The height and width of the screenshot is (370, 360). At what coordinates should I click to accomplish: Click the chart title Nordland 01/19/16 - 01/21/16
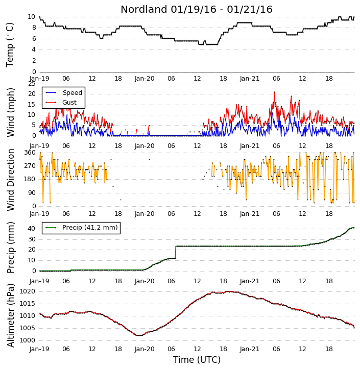coord(197,9)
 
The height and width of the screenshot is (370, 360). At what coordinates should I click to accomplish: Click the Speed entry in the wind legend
coord(72,93)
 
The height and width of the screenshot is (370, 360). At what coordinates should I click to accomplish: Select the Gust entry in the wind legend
coord(69,103)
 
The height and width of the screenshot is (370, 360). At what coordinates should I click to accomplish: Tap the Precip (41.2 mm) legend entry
coord(90,228)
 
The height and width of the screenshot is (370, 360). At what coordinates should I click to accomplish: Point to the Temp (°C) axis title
coord(10,45)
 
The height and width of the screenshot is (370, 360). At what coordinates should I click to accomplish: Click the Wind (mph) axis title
coord(11,112)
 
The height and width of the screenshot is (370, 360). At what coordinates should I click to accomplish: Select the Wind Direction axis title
coord(11,180)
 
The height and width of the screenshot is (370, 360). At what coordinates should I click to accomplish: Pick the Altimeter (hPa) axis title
coord(11,315)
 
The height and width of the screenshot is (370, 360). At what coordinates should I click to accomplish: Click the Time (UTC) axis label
coord(197,360)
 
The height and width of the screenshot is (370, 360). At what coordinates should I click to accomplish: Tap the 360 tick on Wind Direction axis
coord(30,153)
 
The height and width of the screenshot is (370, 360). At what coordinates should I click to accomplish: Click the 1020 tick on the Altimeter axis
coord(27,291)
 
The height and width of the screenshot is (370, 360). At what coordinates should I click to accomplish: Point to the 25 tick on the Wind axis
coord(32,84)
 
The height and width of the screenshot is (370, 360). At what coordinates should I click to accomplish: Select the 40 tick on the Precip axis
coord(32,229)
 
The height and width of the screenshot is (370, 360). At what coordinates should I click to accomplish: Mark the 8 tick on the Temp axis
coord(34,28)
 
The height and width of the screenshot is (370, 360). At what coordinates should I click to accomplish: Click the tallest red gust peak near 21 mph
coord(274,92)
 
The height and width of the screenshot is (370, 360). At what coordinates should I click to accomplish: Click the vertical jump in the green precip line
coord(175,252)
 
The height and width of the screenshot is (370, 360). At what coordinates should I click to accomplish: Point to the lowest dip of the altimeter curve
coord(139,335)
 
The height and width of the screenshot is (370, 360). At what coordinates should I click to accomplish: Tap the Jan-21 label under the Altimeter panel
coord(250,349)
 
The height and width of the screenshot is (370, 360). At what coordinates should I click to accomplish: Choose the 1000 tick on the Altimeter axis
coord(27,340)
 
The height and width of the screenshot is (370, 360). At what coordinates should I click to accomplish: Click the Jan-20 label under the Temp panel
coord(145,79)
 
